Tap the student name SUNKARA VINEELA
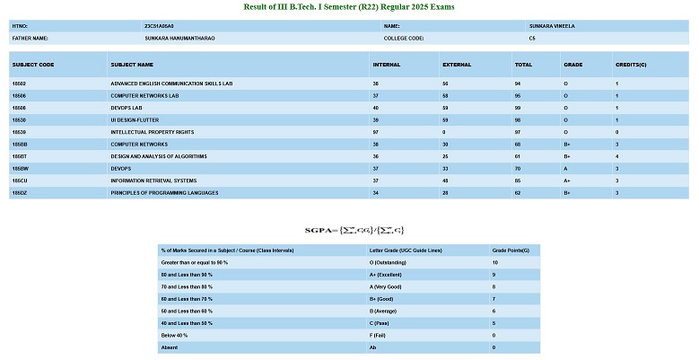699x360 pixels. coord(551,27)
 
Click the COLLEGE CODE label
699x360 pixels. coord(403,39)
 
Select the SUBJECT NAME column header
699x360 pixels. coord(132,65)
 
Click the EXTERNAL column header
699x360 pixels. coord(457,65)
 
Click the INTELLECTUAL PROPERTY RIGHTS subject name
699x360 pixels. coord(152,131)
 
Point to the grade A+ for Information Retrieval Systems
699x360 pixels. coord(567,180)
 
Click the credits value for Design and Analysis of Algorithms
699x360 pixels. coord(617,155)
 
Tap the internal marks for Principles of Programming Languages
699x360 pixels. coord(375,192)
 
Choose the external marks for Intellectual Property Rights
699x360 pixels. coord(444,131)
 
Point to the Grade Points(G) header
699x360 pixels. coord(510,250)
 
